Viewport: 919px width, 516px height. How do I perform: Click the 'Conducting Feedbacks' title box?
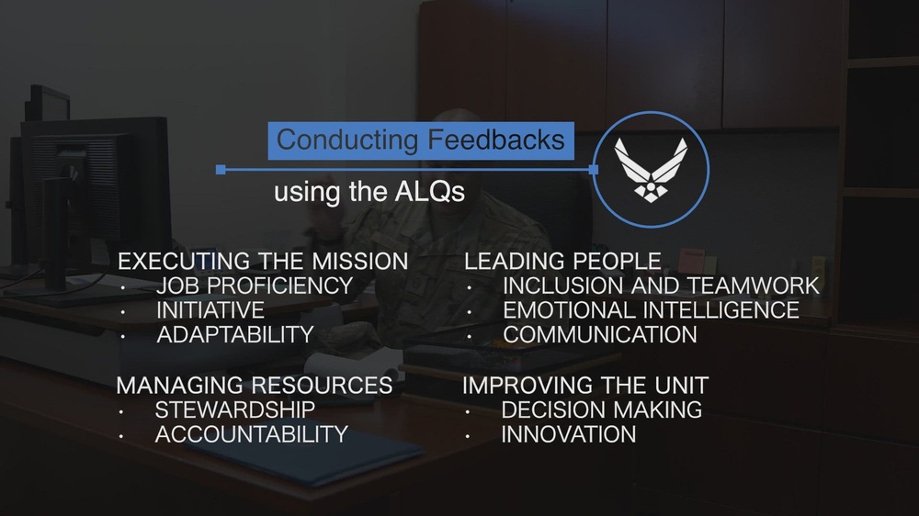[421, 140]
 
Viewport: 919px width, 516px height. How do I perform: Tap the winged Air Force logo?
[651, 170]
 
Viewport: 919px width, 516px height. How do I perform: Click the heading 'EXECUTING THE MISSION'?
[263, 262]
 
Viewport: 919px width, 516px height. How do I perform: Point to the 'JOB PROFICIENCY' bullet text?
[255, 286]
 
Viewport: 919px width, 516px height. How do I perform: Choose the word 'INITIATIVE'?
[210, 311]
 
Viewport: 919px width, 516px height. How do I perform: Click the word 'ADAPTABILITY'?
[235, 335]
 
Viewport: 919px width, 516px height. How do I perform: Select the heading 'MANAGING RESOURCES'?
[255, 385]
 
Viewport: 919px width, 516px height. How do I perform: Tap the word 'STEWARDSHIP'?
[235, 409]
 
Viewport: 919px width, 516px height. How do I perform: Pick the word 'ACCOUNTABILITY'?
[251, 434]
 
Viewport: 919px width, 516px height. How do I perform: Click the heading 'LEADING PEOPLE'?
[562, 262]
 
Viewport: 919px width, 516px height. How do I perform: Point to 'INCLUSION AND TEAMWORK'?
[660, 286]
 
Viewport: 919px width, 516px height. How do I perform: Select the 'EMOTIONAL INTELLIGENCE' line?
[651, 311]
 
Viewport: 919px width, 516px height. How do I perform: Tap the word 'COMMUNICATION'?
[599, 335]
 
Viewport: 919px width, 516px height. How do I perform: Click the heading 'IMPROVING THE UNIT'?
[584, 385]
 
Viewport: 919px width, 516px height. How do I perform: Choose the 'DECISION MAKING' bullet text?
[602, 409]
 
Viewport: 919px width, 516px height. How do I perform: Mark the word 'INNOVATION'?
[568, 434]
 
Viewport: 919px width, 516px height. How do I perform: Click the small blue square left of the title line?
[221, 170]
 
